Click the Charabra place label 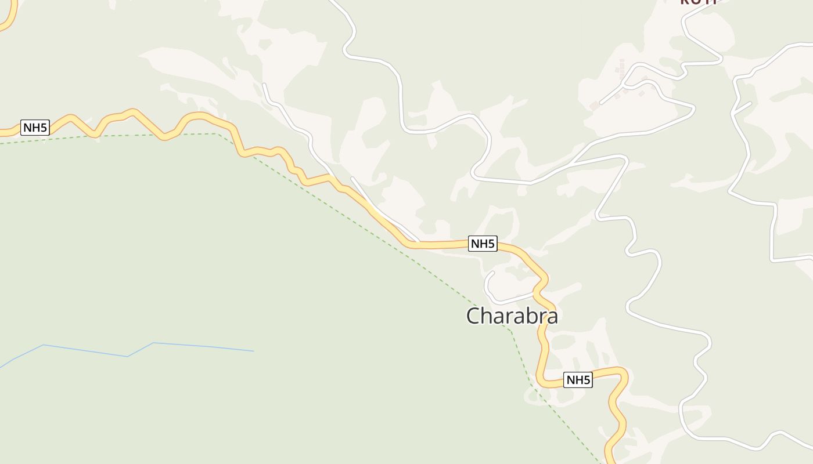click(512, 316)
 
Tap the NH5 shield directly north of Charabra click(483, 244)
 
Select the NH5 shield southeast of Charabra click(578, 380)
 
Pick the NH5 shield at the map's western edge click(35, 128)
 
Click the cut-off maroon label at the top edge click(699, 2)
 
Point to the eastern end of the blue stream click(253, 351)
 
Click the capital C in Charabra click(474, 316)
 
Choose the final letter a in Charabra click(552, 317)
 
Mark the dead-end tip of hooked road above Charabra click(493, 272)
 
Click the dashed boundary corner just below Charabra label click(510, 331)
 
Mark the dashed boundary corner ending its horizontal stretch click(217, 134)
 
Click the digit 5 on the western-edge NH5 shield click(44, 128)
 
